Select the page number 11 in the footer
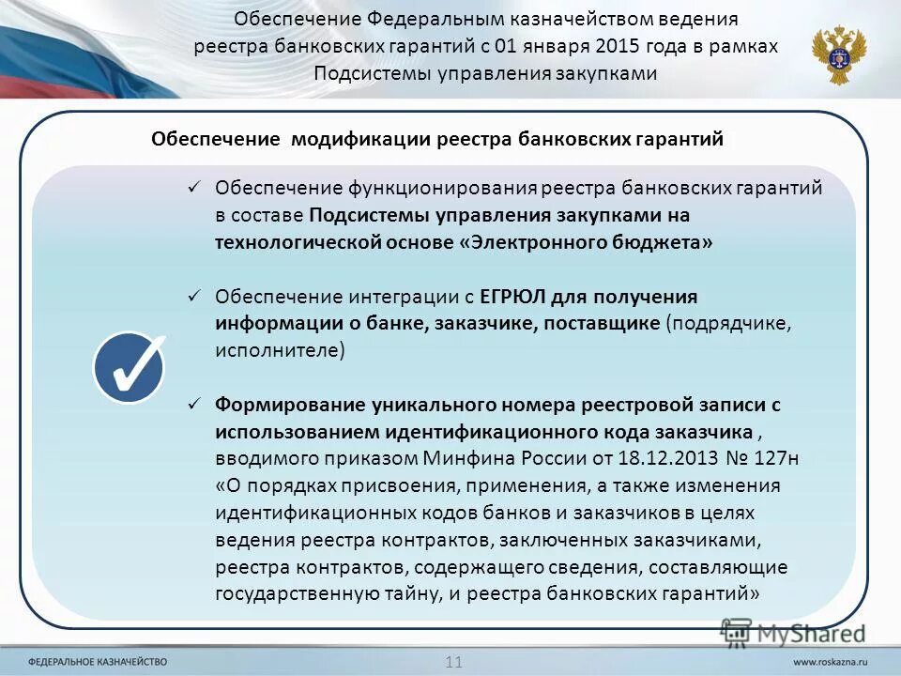click(454, 661)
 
